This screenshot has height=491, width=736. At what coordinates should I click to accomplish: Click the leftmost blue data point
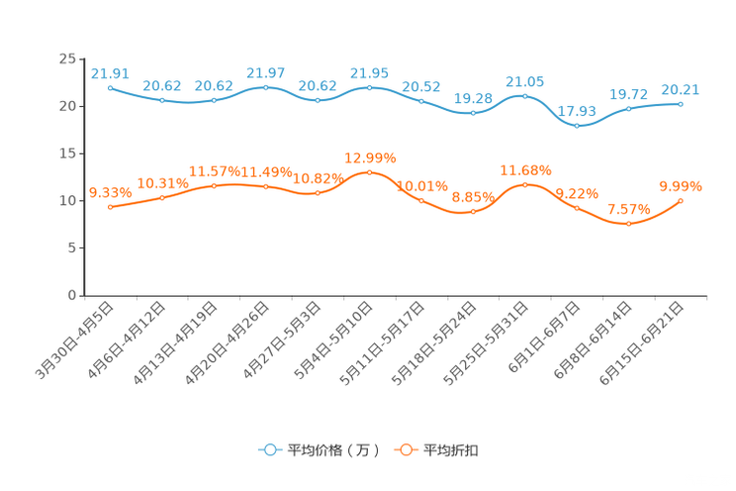(110, 87)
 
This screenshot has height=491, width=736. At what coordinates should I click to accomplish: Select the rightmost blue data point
(681, 103)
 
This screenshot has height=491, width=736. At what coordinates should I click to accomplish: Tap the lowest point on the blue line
(578, 126)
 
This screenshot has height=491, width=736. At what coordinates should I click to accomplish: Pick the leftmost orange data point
(110, 208)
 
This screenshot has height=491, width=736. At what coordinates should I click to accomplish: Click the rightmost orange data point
(681, 200)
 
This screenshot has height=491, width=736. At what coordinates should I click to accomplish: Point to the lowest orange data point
(628, 224)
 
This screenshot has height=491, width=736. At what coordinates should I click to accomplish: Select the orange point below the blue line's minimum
(578, 208)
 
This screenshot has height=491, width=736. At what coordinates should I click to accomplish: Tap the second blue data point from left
(162, 100)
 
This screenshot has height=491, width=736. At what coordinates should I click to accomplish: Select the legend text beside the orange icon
(451, 450)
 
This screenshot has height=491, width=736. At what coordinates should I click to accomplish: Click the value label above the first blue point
(110, 72)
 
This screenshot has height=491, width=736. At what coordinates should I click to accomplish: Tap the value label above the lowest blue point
(578, 111)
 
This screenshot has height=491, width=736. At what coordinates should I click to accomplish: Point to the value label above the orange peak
(370, 157)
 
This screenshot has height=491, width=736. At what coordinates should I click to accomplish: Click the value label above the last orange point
(681, 185)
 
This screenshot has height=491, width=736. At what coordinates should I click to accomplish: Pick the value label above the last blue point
(681, 89)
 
